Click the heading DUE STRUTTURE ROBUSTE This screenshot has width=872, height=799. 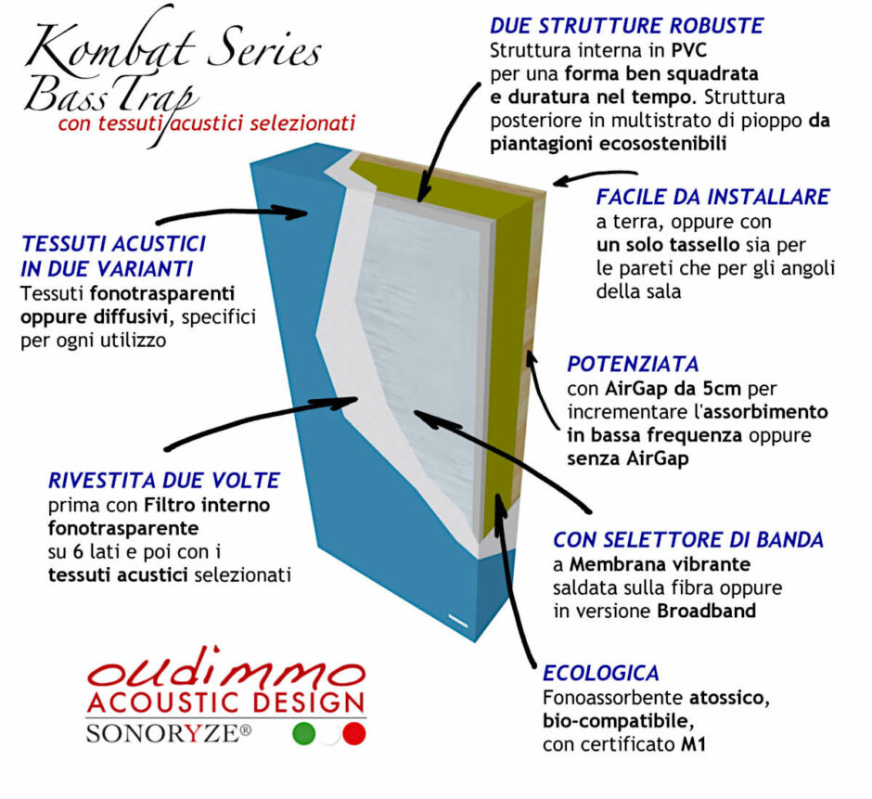click(x=626, y=25)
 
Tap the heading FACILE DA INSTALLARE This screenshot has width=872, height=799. click(x=712, y=198)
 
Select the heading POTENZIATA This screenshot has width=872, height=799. click(x=633, y=363)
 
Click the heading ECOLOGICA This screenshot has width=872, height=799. click(x=601, y=673)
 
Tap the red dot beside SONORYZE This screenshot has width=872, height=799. click(x=353, y=733)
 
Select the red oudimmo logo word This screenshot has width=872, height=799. click(x=226, y=668)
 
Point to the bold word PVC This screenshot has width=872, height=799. click(x=672, y=50)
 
